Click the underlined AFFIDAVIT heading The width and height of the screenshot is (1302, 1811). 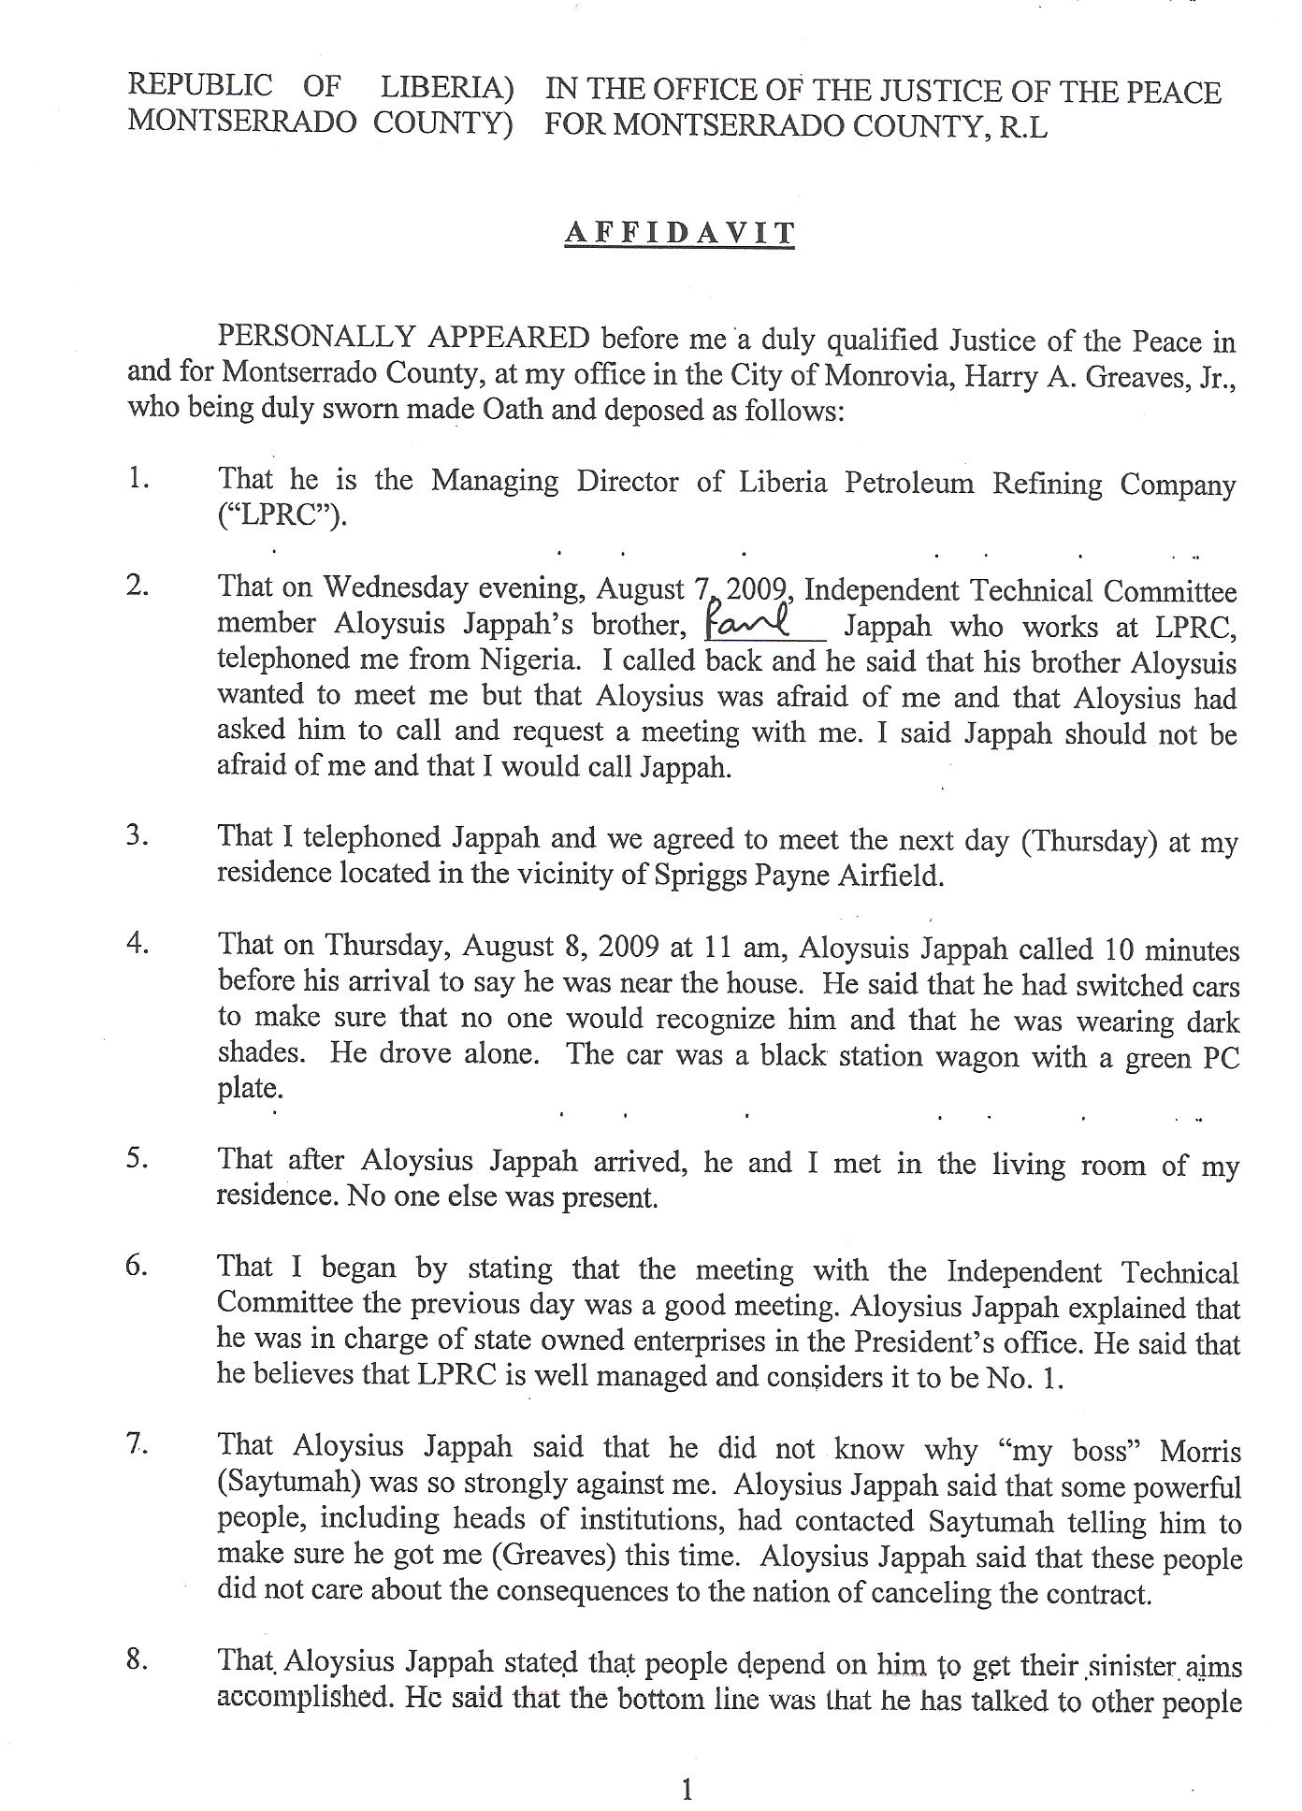tap(679, 232)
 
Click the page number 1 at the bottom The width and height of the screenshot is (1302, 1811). tap(687, 1764)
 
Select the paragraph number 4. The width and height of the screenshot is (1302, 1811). tap(138, 943)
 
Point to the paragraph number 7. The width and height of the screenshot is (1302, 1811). tap(138, 1444)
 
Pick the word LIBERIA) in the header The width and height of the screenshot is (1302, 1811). tap(447, 87)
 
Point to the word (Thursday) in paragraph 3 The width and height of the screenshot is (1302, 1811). tap(1087, 842)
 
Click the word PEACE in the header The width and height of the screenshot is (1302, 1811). tap(1172, 92)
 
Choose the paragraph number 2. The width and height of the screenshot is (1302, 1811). tap(138, 587)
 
